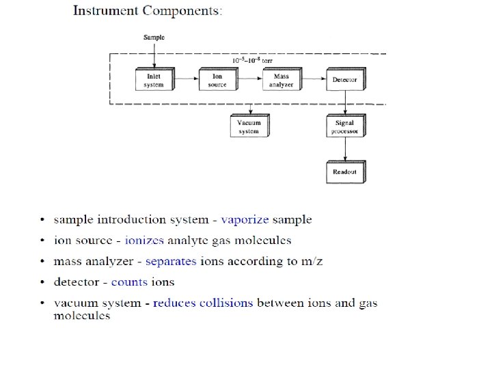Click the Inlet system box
click(x=154, y=80)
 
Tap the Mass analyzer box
click(x=282, y=80)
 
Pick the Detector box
click(x=345, y=80)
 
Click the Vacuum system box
click(x=249, y=126)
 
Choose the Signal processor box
click(x=345, y=126)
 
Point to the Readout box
click(x=345, y=172)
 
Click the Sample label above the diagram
click(x=154, y=37)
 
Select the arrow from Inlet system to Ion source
click(x=184, y=80)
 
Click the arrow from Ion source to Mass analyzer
click(x=248, y=80)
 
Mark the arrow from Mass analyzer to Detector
click(x=313, y=80)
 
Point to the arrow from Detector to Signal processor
click(x=346, y=103)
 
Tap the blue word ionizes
click(x=144, y=241)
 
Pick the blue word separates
click(x=171, y=261)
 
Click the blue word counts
click(x=129, y=282)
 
